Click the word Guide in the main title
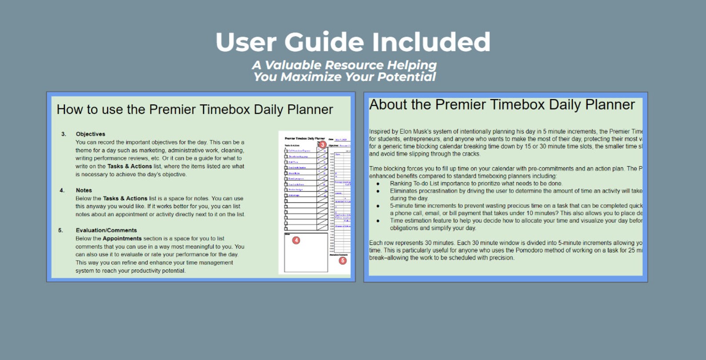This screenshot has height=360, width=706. pos(325,42)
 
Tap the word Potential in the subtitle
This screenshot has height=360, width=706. pos(406,77)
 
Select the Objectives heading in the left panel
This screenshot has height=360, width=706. pos(90,134)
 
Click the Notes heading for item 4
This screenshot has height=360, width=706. pos(84,190)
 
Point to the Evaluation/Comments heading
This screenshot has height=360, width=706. pos(106,230)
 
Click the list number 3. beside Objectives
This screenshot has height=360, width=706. pos(64,134)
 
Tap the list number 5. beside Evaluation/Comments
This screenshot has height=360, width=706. pos(60,230)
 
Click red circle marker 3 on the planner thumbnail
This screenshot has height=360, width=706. pos(322,144)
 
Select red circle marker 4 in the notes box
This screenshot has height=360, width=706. pos(296,240)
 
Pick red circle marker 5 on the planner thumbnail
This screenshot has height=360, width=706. pos(342,260)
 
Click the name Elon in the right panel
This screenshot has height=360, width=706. pos(405,132)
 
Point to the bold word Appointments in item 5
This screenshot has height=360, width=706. pos(122,239)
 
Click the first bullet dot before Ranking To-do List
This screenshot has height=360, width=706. pos(378,184)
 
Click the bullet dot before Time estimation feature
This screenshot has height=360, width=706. pos(378,221)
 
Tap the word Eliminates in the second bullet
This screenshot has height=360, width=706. pos(404,191)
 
